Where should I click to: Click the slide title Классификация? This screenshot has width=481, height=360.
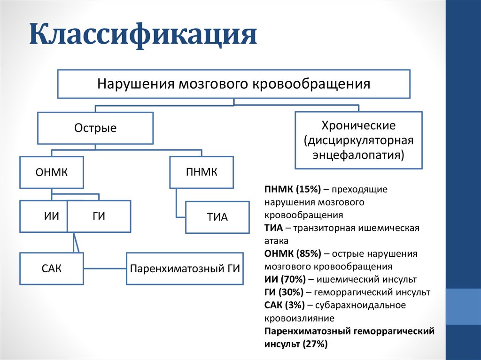click(x=143, y=37)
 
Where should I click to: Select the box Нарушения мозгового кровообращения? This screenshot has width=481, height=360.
click(x=234, y=84)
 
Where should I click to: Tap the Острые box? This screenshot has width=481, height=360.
click(x=95, y=128)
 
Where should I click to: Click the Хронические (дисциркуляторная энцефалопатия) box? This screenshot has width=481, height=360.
click(x=358, y=140)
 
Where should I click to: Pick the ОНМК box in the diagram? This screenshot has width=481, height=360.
click(x=52, y=173)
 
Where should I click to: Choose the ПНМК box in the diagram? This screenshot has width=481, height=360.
click(x=202, y=172)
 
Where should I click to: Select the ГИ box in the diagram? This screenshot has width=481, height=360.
click(x=99, y=216)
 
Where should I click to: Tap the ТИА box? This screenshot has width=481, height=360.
click(x=217, y=217)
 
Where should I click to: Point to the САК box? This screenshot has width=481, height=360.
click(x=52, y=268)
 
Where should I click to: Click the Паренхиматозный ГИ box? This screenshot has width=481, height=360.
click(x=185, y=268)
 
